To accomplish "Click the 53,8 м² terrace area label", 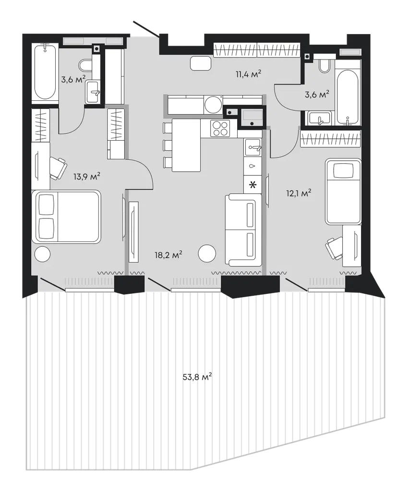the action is click(x=197, y=376).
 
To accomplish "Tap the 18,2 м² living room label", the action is click(x=168, y=255).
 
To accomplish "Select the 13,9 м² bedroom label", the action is click(x=87, y=176).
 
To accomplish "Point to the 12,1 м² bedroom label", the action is click(x=299, y=193).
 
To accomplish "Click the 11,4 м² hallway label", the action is click(x=248, y=74).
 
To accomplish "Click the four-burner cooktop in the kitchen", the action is click(x=220, y=129).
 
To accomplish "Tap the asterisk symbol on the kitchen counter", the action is click(x=253, y=185).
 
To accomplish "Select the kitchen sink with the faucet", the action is click(x=253, y=147).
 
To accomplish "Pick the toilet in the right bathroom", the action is click(x=325, y=66).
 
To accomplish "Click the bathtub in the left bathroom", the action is click(x=45, y=72).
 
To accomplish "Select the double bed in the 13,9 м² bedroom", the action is click(x=66, y=217).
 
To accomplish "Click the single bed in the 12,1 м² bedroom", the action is click(x=343, y=191).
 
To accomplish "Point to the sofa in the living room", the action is click(x=243, y=230).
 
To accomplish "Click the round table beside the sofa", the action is click(x=207, y=253).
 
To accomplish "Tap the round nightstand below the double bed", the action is click(x=42, y=254).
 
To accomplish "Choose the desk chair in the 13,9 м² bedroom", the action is click(x=58, y=168).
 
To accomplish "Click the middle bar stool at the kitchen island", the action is click(x=167, y=145).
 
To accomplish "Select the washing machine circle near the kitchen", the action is click(x=213, y=104).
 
